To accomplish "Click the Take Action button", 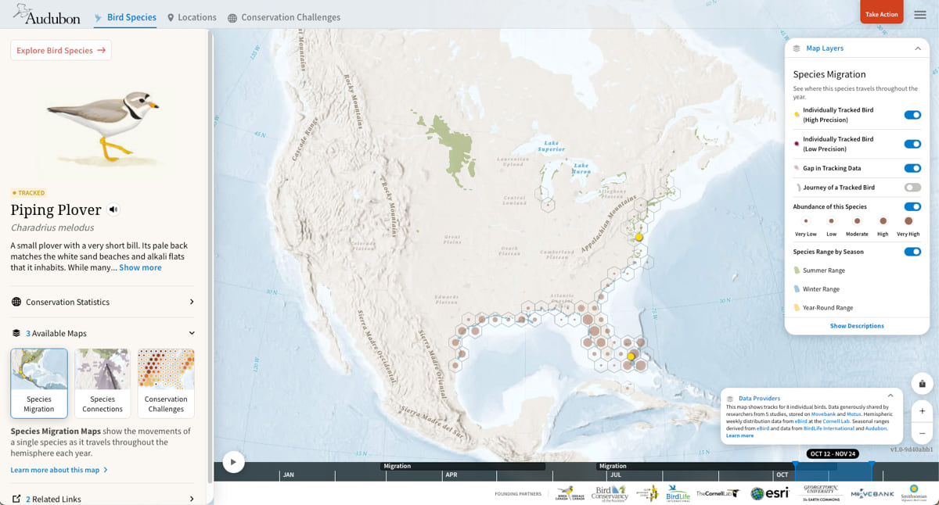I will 881,14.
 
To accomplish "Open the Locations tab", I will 192,17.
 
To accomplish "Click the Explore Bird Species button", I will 61,51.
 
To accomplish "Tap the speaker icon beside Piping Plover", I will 113,210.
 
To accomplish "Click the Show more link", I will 140,267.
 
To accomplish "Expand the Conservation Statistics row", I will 103,302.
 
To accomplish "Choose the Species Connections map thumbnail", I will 103,382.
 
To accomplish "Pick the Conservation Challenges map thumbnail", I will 166,382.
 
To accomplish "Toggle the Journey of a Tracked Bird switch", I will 912,188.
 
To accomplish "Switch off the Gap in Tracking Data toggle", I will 912,168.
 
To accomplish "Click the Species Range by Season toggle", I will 912,252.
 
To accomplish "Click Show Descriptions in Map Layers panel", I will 857,326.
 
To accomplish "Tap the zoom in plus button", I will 923,411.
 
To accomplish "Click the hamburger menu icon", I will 920,15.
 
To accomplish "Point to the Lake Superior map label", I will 552,146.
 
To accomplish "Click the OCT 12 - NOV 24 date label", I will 833,453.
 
